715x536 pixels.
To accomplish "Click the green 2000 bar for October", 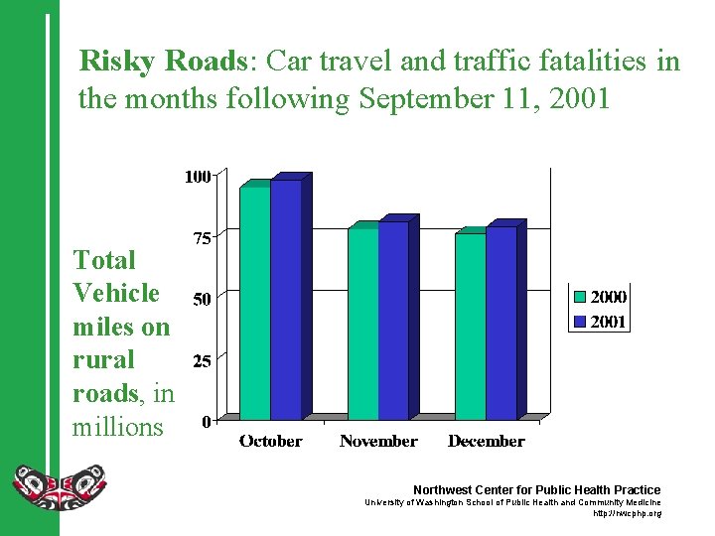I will point(255,303).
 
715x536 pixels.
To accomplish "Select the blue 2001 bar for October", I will point(286,299).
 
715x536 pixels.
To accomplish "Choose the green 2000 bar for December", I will point(470,326).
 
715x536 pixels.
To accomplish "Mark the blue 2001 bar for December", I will point(500,323).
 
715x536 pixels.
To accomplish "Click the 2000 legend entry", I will point(600,297).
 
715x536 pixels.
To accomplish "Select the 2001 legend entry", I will point(600,322).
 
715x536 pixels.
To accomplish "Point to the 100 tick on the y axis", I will point(197,177).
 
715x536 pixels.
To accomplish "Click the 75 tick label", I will point(201,238).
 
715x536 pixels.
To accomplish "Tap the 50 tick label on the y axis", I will point(201,299).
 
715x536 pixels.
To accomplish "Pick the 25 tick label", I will point(201,361).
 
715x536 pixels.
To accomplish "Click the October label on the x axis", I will point(270,441).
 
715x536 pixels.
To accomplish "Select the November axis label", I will point(378,441).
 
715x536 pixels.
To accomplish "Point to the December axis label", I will point(486,441).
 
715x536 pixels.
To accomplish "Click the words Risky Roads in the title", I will point(162,62).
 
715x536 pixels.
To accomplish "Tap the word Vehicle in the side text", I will point(116,293).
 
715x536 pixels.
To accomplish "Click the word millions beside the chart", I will point(117,428).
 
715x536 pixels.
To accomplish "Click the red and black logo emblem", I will point(59,486).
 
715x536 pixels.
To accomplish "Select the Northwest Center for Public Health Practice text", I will point(536,489).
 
